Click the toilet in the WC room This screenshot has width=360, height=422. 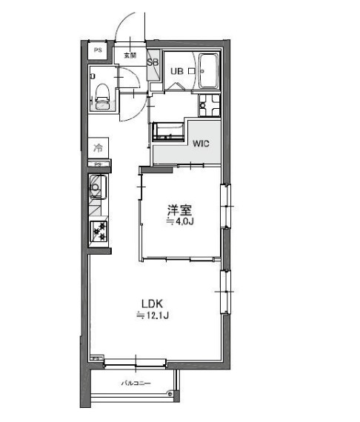pyautogui.click(x=102, y=96)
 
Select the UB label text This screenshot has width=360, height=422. pyautogui.click(x=177, y=72)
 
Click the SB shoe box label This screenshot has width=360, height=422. pyautogui.click(x=153, y=63)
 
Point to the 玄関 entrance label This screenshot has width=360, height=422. pyautogui.click(x=130, y=55)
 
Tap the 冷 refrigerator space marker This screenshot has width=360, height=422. pyautogui.click(x=99, y=147)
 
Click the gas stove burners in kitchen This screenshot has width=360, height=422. pyautogui.click(x=99, y=231)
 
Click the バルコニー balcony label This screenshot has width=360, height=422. pyautogui.click(x=136, y=383)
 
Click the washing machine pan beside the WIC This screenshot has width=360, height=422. pyautogui.click(x=170, y=132)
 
